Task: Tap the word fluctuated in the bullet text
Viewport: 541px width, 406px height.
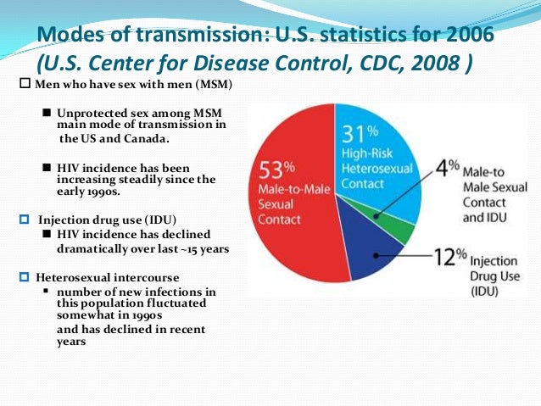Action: point(185,303)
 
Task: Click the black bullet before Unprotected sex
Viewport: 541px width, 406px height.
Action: point(47,113)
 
